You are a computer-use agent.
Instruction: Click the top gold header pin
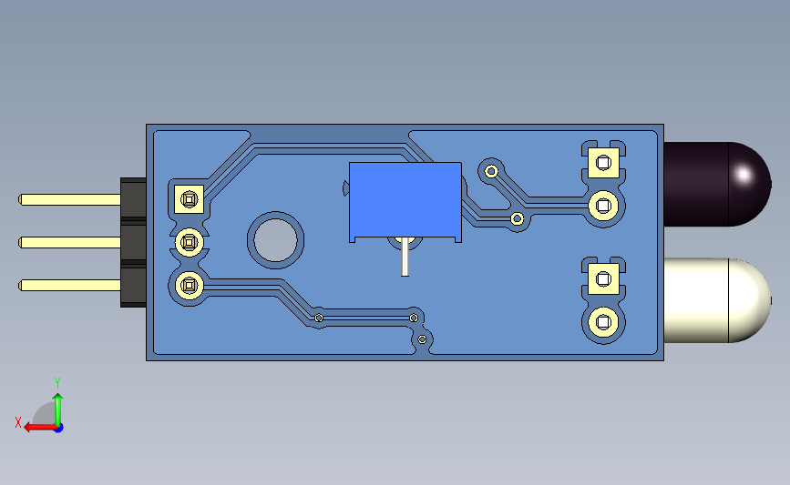pos(68,199)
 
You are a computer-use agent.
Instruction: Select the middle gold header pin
pos(68,242)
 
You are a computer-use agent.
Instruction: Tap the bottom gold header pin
pos(68,285)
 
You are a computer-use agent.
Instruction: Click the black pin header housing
pos(133,242)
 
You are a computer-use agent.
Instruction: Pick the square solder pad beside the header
pos(189,198)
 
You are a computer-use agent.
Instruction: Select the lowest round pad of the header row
pos(189,285)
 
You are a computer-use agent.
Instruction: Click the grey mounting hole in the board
pos(275,240)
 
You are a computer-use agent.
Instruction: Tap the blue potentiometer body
pos(405,199)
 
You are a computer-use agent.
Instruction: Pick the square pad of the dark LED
pos(602,164)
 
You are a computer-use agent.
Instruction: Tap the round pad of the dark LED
pos(602,206)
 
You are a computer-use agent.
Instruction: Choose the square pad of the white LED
pos(602,278)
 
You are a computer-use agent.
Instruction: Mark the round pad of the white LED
pos(602,320)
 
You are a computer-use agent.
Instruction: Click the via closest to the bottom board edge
pos(423,339)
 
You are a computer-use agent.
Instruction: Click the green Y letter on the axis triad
pos(56,382)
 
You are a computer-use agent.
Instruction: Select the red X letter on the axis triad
pos(17,422)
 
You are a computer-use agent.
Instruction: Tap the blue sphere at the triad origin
pos(57,427)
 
